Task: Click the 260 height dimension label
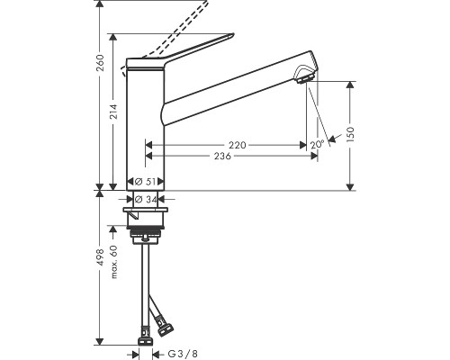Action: [x=100, y=63]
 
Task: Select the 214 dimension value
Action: [x=113, y=112]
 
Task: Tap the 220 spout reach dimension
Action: [x=238, y=145]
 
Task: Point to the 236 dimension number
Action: [x=222, y=156]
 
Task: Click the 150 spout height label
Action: [x=350, y=134]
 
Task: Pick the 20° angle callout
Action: [x=318, y=145]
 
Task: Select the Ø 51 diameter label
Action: [x=145, y=182]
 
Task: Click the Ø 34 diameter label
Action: [x=146, y=199]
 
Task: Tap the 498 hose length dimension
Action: [x=100, y=257]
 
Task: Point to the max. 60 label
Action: [x=114, y=262]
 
